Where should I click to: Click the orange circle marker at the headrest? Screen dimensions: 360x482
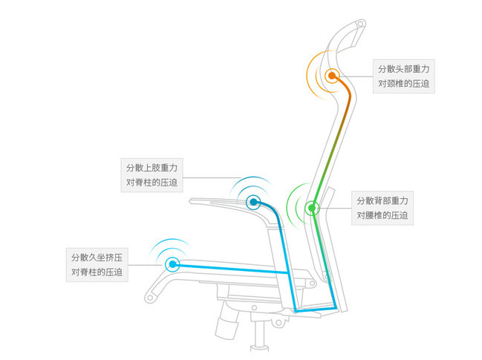[x=331, y=75]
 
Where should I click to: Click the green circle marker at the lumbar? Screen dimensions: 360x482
[x=313, y=207]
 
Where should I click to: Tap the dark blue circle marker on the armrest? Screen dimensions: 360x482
[x=253, y=201]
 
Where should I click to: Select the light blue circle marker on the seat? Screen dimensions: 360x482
[x=173, y=264]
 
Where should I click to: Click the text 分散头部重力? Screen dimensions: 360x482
[x=403, y=69]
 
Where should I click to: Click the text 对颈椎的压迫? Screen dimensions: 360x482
[x=403, y=84]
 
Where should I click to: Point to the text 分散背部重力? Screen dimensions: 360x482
[x=382, y=201]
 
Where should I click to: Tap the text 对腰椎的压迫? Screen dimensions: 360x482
[x=382, y=216]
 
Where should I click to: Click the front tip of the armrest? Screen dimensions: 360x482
[x=192, y=200]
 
